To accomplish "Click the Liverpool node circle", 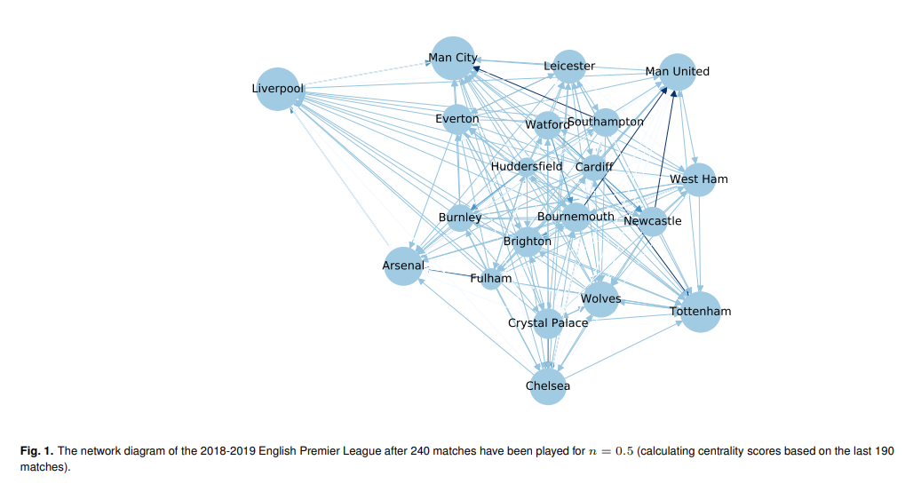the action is (x=278, y=89).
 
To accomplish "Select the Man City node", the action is (x=453, y=59).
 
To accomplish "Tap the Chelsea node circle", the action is (x=548, y=386).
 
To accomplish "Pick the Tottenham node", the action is (x=701, y=312).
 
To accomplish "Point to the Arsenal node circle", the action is (x=403, y=266).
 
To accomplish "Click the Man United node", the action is (x=677, y=72).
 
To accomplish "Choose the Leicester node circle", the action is (x=569, y=67).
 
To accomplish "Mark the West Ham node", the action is (x=698, y=179).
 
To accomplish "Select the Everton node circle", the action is (x=457, y=119).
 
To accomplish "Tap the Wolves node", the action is (x=600, y=299).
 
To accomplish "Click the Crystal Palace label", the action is (x=548, y=323).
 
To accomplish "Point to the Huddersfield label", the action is (x=527, y=167).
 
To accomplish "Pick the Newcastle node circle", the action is (x=652, y=221).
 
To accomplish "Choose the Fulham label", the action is (x=491, y=278).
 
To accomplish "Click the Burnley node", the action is (x=460, y=218).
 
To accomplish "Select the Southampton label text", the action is (x=606, y=122).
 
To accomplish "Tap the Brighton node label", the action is (x=528, y=242).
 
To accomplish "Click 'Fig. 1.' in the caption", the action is (x=36, y=451).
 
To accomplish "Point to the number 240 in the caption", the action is (x=420, y=451).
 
